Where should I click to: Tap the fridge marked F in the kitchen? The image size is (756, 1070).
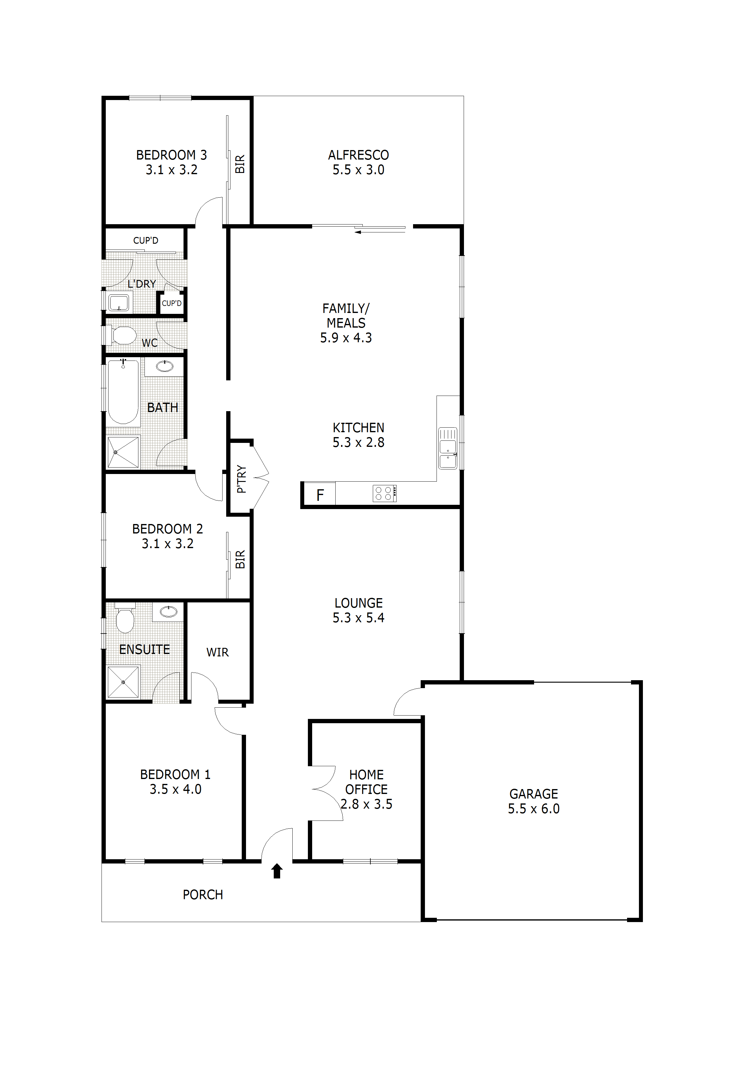coord(319,494)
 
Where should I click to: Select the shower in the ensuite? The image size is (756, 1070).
coord(123,682)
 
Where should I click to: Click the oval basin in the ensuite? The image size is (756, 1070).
coord(168,612)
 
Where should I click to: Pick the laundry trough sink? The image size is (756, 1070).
coord(119,303)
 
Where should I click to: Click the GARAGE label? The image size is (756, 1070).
coord(533,794)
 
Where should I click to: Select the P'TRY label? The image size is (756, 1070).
coord(241,478)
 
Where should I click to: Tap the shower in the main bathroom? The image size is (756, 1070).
coord(123,452)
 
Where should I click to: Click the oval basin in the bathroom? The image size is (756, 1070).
coord(164,366)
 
